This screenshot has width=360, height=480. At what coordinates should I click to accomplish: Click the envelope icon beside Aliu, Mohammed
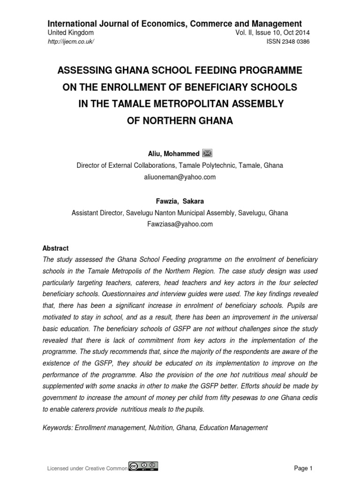click(x=207, y=153)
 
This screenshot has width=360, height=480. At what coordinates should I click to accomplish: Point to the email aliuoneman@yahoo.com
click(x=180, y=177)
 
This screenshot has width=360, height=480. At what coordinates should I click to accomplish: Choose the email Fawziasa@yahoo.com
click(x=180, y=224)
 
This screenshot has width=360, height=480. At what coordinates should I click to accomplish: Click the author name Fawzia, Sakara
click(x=180, y=201)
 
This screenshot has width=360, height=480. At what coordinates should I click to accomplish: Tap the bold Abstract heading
click(x=55, y=248)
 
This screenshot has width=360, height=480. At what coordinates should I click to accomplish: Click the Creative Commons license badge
click(x=143, y=467)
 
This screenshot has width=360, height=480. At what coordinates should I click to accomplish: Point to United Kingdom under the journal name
click(x=71, y=33)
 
